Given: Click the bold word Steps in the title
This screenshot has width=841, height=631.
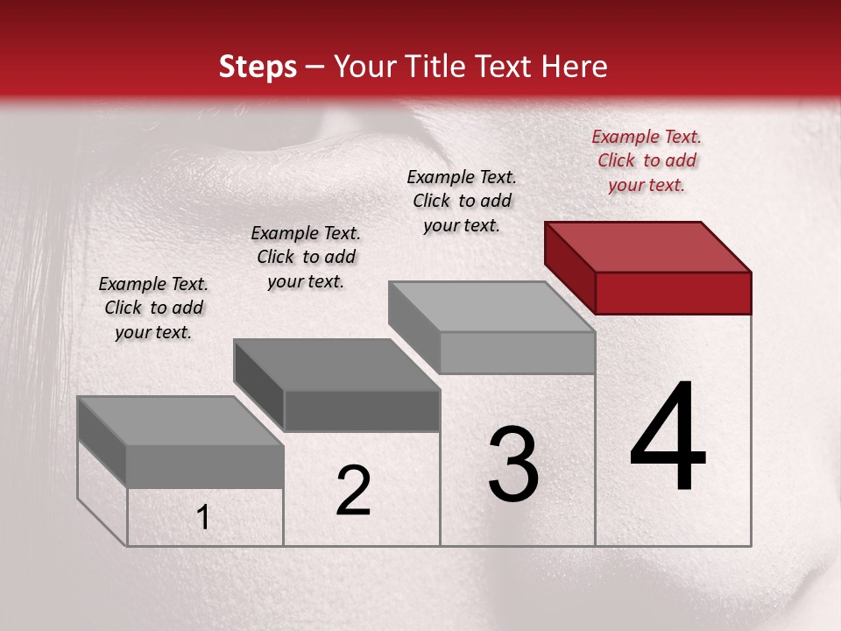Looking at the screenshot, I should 258,67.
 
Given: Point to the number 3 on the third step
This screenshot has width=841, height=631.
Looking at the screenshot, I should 512,464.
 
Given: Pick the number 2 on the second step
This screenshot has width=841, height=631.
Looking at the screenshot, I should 353,491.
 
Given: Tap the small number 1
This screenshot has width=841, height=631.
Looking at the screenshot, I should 202,518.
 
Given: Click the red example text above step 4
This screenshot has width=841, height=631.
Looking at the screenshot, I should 647,160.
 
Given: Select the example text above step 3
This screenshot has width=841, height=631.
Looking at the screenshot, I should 462,201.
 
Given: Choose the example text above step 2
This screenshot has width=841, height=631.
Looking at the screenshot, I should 306,257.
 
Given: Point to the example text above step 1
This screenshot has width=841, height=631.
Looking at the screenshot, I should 153,308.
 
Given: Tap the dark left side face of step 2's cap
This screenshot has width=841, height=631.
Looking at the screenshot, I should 258,386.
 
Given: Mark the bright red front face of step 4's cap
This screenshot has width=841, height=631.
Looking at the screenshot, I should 673,293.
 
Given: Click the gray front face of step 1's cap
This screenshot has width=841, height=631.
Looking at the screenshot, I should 205,466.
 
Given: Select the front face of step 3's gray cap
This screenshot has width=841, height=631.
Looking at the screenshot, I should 517,353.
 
